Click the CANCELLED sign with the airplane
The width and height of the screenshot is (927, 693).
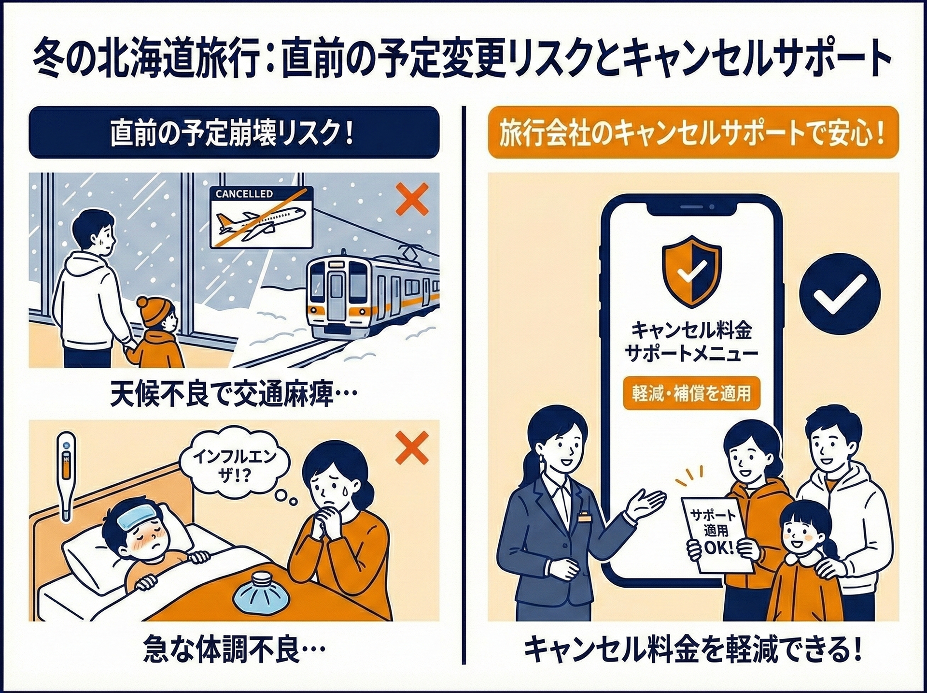[x=261, y=217]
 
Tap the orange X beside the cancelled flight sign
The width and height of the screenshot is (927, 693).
[x=412, y=199]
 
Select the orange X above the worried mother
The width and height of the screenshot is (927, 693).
[x=412, y=448]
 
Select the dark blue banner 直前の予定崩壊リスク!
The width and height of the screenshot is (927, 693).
[x=234, y=133]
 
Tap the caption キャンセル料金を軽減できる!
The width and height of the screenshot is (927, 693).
[x=693, y=651]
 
